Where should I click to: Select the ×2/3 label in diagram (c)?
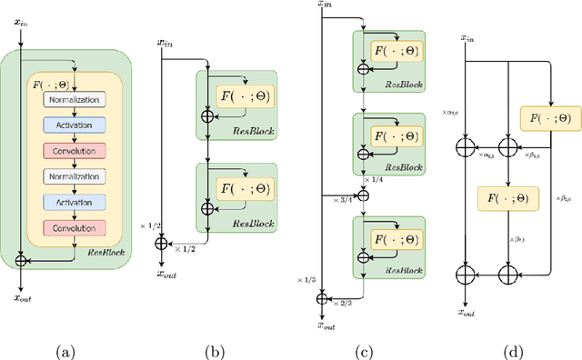click(345, 304)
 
